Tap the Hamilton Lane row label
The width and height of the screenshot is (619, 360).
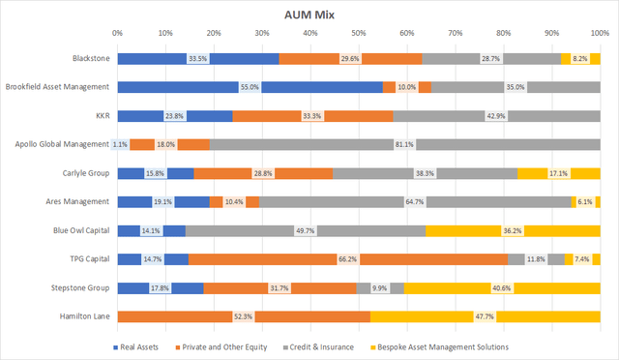tap(84, 317)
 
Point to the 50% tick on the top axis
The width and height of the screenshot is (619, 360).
tap(358, 34)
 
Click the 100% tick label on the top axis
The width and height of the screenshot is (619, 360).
tap(599, 34)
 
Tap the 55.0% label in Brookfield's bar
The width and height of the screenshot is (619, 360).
tap(250, 88)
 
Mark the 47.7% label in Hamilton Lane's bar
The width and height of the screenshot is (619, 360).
tap(486, 317)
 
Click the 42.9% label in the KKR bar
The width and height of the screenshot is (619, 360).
tap(497, 117)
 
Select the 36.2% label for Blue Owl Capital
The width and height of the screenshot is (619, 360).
tap(513, 231)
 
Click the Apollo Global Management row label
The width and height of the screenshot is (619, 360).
tap(61, 145)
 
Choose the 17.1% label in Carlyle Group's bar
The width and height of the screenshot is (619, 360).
tap(558, 174)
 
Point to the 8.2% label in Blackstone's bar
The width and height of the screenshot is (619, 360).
tap(580, 59)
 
